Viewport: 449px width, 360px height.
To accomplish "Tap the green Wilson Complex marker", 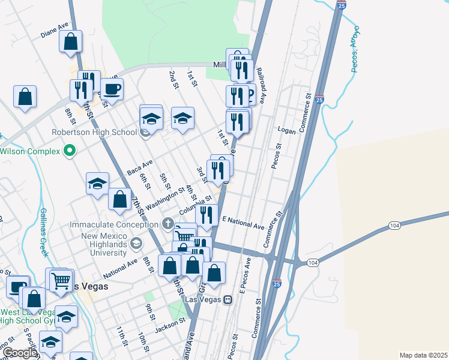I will pos(70,151).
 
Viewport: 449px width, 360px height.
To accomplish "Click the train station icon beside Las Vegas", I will pos(228,299).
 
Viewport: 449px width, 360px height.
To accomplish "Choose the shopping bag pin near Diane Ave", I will pos(71,43).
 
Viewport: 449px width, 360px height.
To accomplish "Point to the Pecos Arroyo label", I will pos(355,49).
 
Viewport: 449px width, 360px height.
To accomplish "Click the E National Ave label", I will pos(243,223).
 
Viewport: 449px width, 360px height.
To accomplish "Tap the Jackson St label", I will pos(170,325).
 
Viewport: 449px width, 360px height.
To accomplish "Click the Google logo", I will pos(20,353).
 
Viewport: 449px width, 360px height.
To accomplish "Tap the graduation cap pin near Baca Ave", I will pos(97,184).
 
